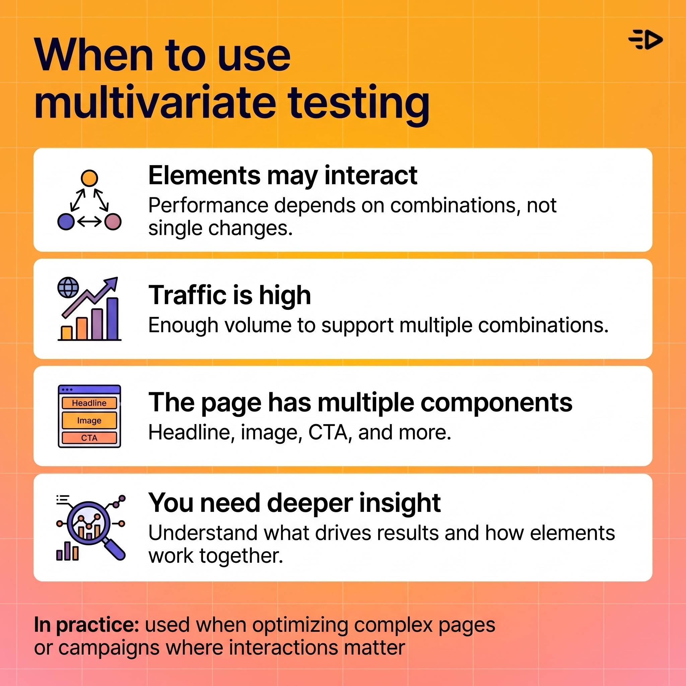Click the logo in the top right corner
(645, 40)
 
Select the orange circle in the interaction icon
(89, 178)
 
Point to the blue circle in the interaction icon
(66, 221)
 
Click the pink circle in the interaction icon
(113, 221)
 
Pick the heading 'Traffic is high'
(229, 295)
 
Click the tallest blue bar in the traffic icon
(113, 319)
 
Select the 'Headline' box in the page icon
(89, 403)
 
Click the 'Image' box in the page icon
(89, 420)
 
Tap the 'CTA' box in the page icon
(89, 438)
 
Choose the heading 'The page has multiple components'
(360, 403)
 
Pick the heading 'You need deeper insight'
(294, 503)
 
